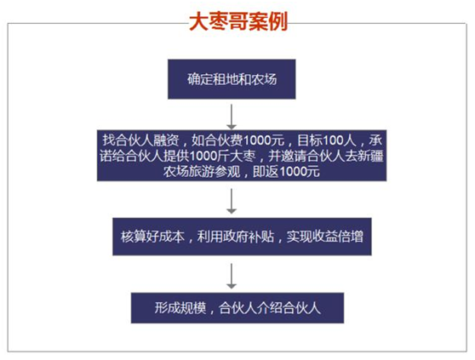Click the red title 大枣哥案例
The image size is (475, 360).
coord(238,21)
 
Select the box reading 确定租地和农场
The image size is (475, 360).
coord(232,79)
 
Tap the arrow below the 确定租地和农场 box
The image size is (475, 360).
coord(232,117)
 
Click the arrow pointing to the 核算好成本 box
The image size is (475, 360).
coord(232,201)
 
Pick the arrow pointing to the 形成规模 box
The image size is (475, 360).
coord(232,276)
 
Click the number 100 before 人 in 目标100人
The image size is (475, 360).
coord(333,140)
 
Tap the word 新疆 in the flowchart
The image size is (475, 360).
coord(371,156)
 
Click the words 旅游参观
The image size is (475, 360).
coord(215,172)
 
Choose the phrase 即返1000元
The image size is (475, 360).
coord(286,172)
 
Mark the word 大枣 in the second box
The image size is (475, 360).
coord(243,156)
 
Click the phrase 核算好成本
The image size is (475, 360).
coord(152,237)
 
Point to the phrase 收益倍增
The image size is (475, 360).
coord(338,237)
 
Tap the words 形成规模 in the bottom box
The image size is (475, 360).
coord(180,308)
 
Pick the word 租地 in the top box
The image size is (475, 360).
coord(225,79)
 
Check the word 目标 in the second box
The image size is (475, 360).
coord(310,140)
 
